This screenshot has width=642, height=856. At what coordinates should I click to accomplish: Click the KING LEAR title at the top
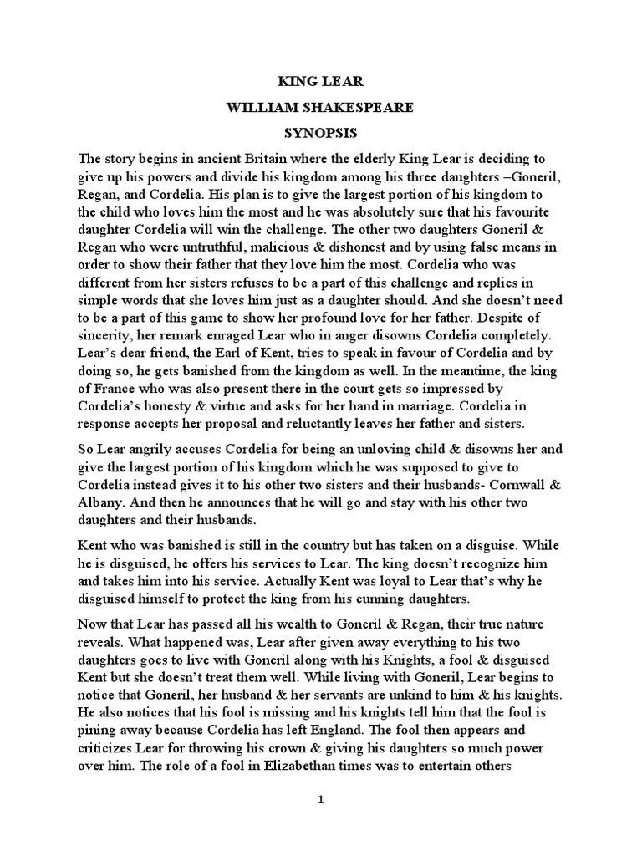click(x=320, y=83)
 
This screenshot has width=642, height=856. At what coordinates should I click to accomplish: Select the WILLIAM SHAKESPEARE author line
click(x=321, y=109)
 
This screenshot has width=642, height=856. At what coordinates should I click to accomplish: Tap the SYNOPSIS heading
click(x=321, y=134)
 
